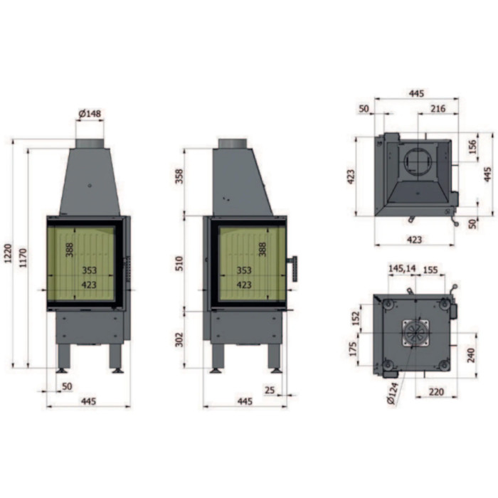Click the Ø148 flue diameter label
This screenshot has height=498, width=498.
click(x=90, y=114)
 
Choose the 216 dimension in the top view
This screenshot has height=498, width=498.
click(x=438, y=108)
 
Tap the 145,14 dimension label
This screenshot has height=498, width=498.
click(x=402, y=269)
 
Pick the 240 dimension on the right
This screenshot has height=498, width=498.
click(x=471, y=355)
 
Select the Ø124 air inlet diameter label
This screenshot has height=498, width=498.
click(x=396, y=401)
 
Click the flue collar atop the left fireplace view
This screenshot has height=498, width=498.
click(x=90, y=144)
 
